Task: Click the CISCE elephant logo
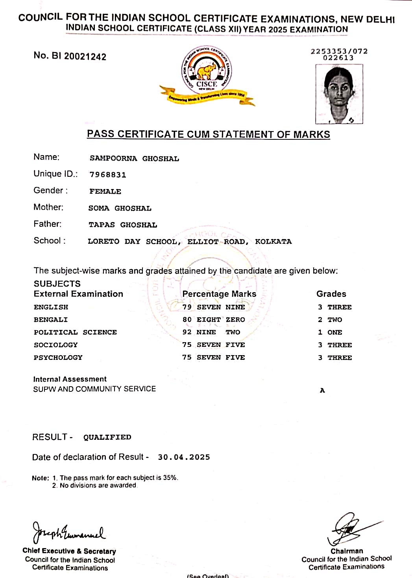tap(207, 71)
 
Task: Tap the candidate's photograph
tap(339, 94)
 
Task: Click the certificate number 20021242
tap(85, 57)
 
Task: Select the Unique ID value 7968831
tap(108, 175)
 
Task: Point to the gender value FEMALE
tap(105, 192)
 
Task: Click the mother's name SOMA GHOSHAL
tap(120, 208)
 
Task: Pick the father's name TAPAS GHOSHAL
tap(122, 225)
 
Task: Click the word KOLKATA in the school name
tap(273, 241)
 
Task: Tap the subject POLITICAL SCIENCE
tap(75, 332)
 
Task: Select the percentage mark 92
tap(187, 332)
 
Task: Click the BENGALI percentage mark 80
tap(187, 320)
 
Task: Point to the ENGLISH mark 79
tap(187, 307)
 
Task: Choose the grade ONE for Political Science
tap(334, 332)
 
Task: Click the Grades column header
tap(331, 294)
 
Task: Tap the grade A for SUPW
tap(322, 391)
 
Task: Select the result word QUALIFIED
tap(107, 437)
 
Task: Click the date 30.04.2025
tap(184, 457)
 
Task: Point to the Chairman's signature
tap(348, 529)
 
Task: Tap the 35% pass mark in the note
tap(170, 478)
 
